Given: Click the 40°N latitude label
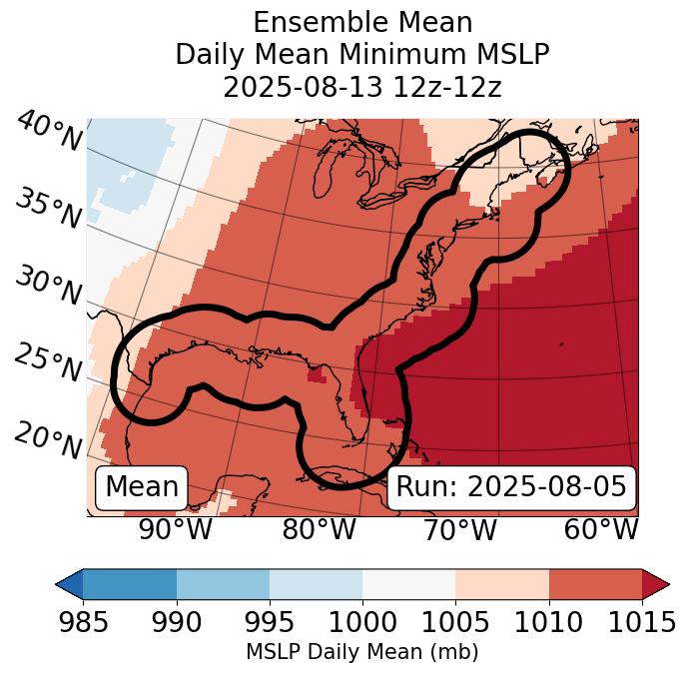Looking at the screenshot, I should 49,132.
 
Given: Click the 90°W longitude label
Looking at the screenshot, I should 176,530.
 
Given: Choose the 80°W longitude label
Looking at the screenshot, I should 320,530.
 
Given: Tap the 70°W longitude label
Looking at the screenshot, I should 460,530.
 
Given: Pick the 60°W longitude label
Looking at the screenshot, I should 601,530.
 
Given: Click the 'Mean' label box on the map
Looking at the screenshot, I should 142,487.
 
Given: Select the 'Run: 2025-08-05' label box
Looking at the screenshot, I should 511,487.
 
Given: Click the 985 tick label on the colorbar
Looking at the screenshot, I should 83,622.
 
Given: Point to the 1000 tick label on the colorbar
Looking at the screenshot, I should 362,622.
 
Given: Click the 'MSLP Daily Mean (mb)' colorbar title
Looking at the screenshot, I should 361,652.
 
